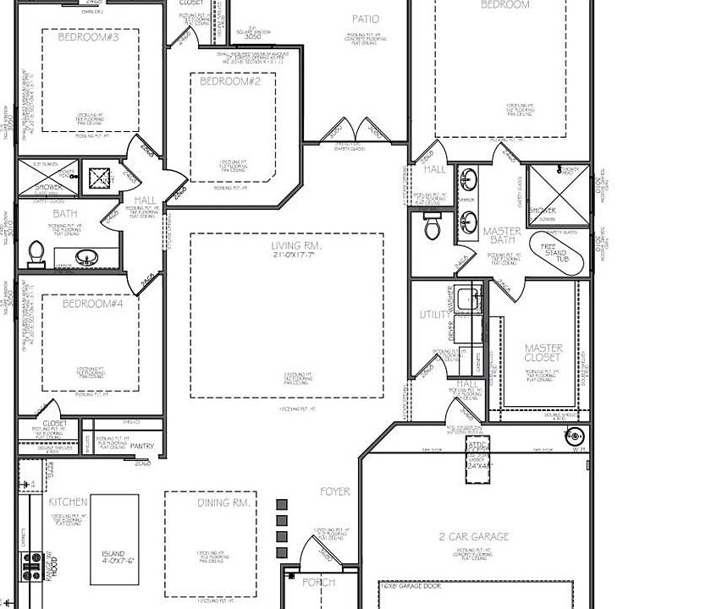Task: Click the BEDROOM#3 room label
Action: click(x=88, y=37)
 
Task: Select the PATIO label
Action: click(x=366, y=19)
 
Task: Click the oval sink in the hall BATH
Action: click(x=85, y=256)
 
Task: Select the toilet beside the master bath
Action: click(x=433, y=226)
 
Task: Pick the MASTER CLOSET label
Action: click(x=543, y=353)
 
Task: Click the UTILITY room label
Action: click(x=435, y=315)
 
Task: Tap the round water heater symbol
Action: click(x=576, y=436)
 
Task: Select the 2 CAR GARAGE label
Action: click(x=474, y=536)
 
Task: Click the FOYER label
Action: click(x=334, y=491)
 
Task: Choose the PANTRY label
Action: click(x=141, y=446)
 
